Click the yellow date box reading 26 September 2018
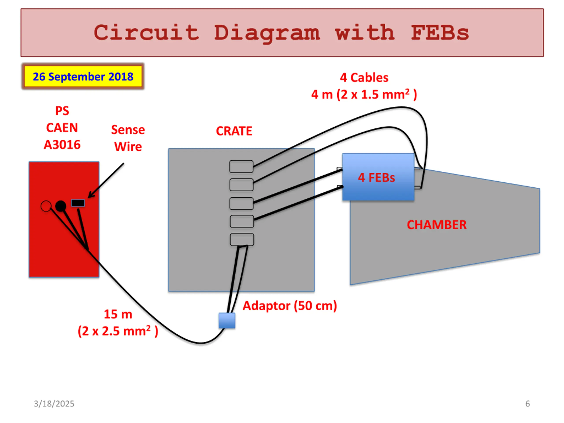(83, 76)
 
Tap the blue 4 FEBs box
(378, 177)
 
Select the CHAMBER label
(436, 225)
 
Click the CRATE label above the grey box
(234, 131)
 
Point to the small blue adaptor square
(227, 321)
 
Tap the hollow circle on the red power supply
(46, 206)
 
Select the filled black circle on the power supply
(61, 206)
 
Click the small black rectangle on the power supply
(78, 203)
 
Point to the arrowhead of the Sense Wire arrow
(89, 196)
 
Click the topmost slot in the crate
(241, 167)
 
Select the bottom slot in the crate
(242, 239)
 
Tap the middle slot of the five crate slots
(241, 203)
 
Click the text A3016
(62, 145)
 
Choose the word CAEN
(62, 128)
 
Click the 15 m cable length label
(118, 314)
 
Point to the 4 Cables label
(364, 78)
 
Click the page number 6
(528, 403)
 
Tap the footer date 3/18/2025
(54, 403)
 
